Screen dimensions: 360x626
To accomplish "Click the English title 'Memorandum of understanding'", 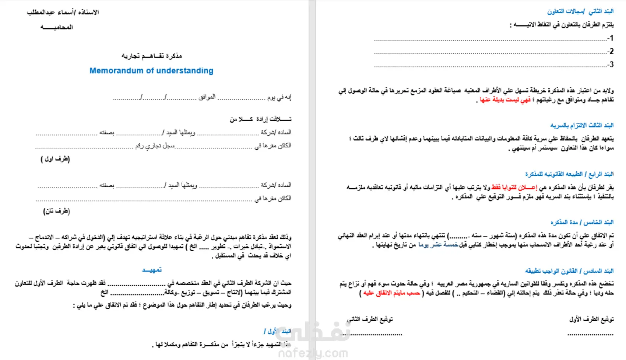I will tap(151, 71).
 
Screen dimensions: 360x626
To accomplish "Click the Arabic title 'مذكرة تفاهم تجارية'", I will tap(152, 56).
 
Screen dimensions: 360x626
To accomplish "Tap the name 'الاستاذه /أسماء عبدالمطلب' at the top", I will tap(63, 12).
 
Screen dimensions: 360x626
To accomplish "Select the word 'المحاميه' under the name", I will tap(57, 27).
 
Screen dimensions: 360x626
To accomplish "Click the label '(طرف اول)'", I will tap(55, 159).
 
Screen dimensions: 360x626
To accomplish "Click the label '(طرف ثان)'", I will tap(56, 211).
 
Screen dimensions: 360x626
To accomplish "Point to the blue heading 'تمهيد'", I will tap(152, 270).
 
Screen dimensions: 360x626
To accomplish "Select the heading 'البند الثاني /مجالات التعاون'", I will tap(580, 11).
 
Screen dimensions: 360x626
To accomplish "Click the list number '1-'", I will tap(610, 38).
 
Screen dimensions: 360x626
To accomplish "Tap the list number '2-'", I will tap(610, 51).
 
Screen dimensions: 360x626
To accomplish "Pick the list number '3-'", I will tap(610, 64).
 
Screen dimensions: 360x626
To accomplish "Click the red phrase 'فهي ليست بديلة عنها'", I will tap(505, 100).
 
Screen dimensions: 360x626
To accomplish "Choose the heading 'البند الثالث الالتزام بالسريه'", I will tap(582, 125).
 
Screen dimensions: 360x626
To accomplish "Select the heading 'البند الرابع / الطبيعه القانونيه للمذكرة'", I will tap(569, 174).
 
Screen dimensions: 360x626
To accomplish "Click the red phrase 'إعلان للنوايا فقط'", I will tap(514, 188).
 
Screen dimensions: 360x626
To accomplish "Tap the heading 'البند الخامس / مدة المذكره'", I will tap(582, 222).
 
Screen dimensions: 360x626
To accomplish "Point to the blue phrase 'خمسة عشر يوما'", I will tap(438, 245).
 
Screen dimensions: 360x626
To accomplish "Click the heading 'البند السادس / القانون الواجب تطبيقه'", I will tap(569, 271).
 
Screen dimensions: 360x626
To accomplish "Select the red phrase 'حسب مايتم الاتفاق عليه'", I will tap(391, 293).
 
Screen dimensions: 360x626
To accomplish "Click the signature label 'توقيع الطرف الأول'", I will tap(591, 319).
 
